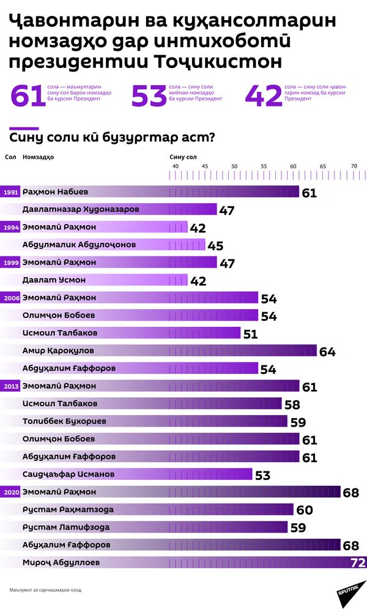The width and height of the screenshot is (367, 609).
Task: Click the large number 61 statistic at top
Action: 28,96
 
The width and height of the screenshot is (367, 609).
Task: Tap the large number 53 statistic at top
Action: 149,96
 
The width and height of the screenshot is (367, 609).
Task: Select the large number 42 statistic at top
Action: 264,96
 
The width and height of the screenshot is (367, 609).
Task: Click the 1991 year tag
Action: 10,192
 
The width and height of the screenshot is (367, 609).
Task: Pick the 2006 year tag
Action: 10,298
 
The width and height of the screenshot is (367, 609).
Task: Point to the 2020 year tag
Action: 10,492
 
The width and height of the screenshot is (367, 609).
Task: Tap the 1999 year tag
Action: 10,263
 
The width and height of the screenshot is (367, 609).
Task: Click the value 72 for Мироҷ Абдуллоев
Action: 357,562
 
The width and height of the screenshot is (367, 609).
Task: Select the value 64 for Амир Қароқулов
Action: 327,352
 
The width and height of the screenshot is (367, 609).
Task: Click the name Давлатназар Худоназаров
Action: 81,209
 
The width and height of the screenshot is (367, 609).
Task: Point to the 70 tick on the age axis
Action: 354,166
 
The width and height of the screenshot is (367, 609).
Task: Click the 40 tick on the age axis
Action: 175,166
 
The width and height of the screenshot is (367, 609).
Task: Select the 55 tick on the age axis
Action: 264,166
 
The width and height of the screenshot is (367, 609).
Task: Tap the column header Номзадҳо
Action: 38,157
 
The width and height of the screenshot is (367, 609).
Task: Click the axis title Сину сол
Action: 183,157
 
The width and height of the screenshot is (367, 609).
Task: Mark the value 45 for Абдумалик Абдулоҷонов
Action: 215,246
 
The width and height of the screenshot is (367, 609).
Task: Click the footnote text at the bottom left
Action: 46,590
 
